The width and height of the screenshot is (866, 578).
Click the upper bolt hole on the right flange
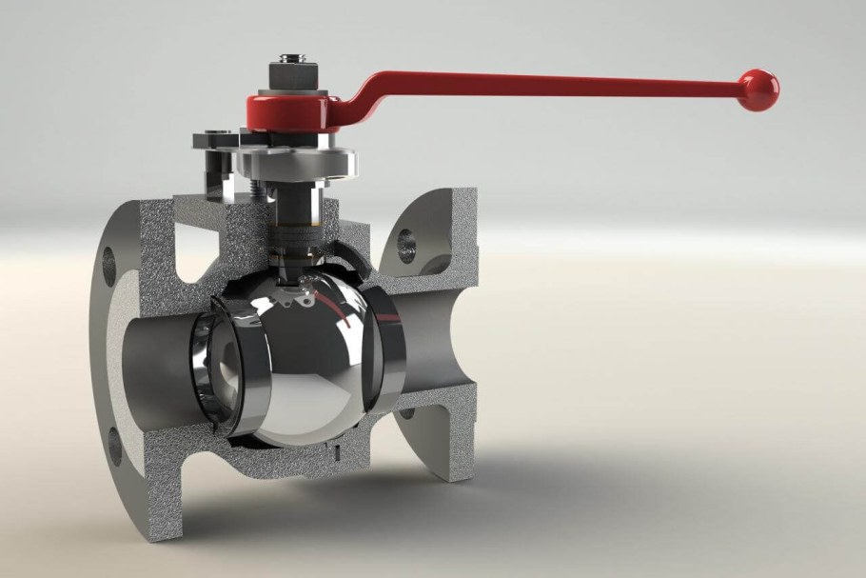point(406,240)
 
